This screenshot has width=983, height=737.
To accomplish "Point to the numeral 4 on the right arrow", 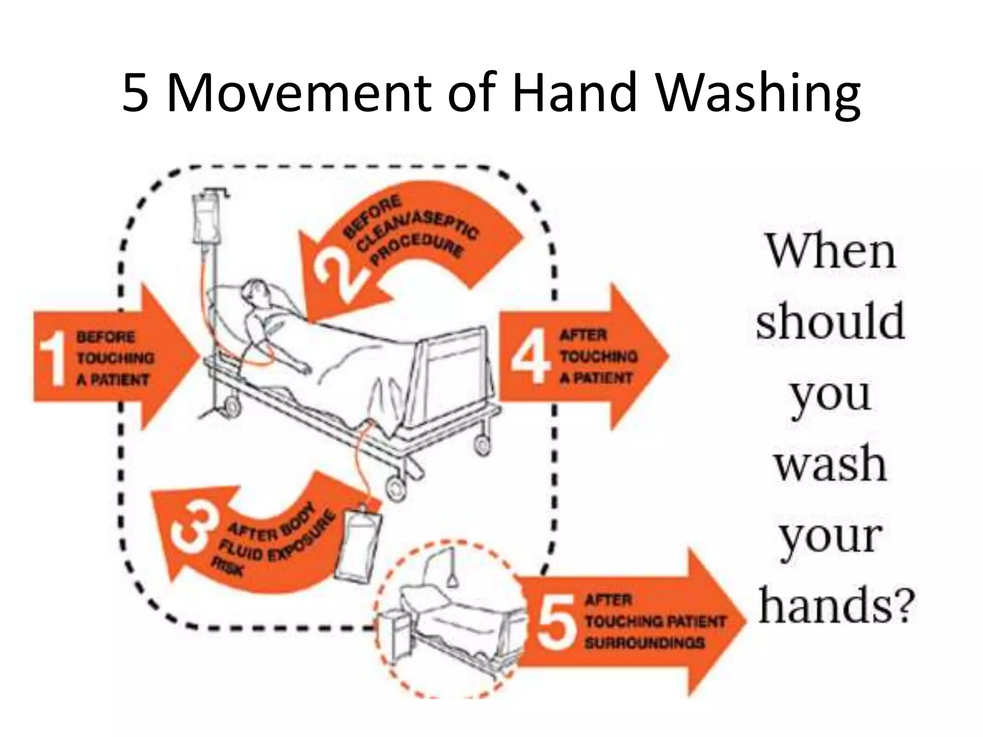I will click(x=530, y=356).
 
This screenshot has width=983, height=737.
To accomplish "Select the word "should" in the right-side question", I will click(x=830, y=321).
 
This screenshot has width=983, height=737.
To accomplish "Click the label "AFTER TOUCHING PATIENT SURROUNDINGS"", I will click(x=654, y=621).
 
